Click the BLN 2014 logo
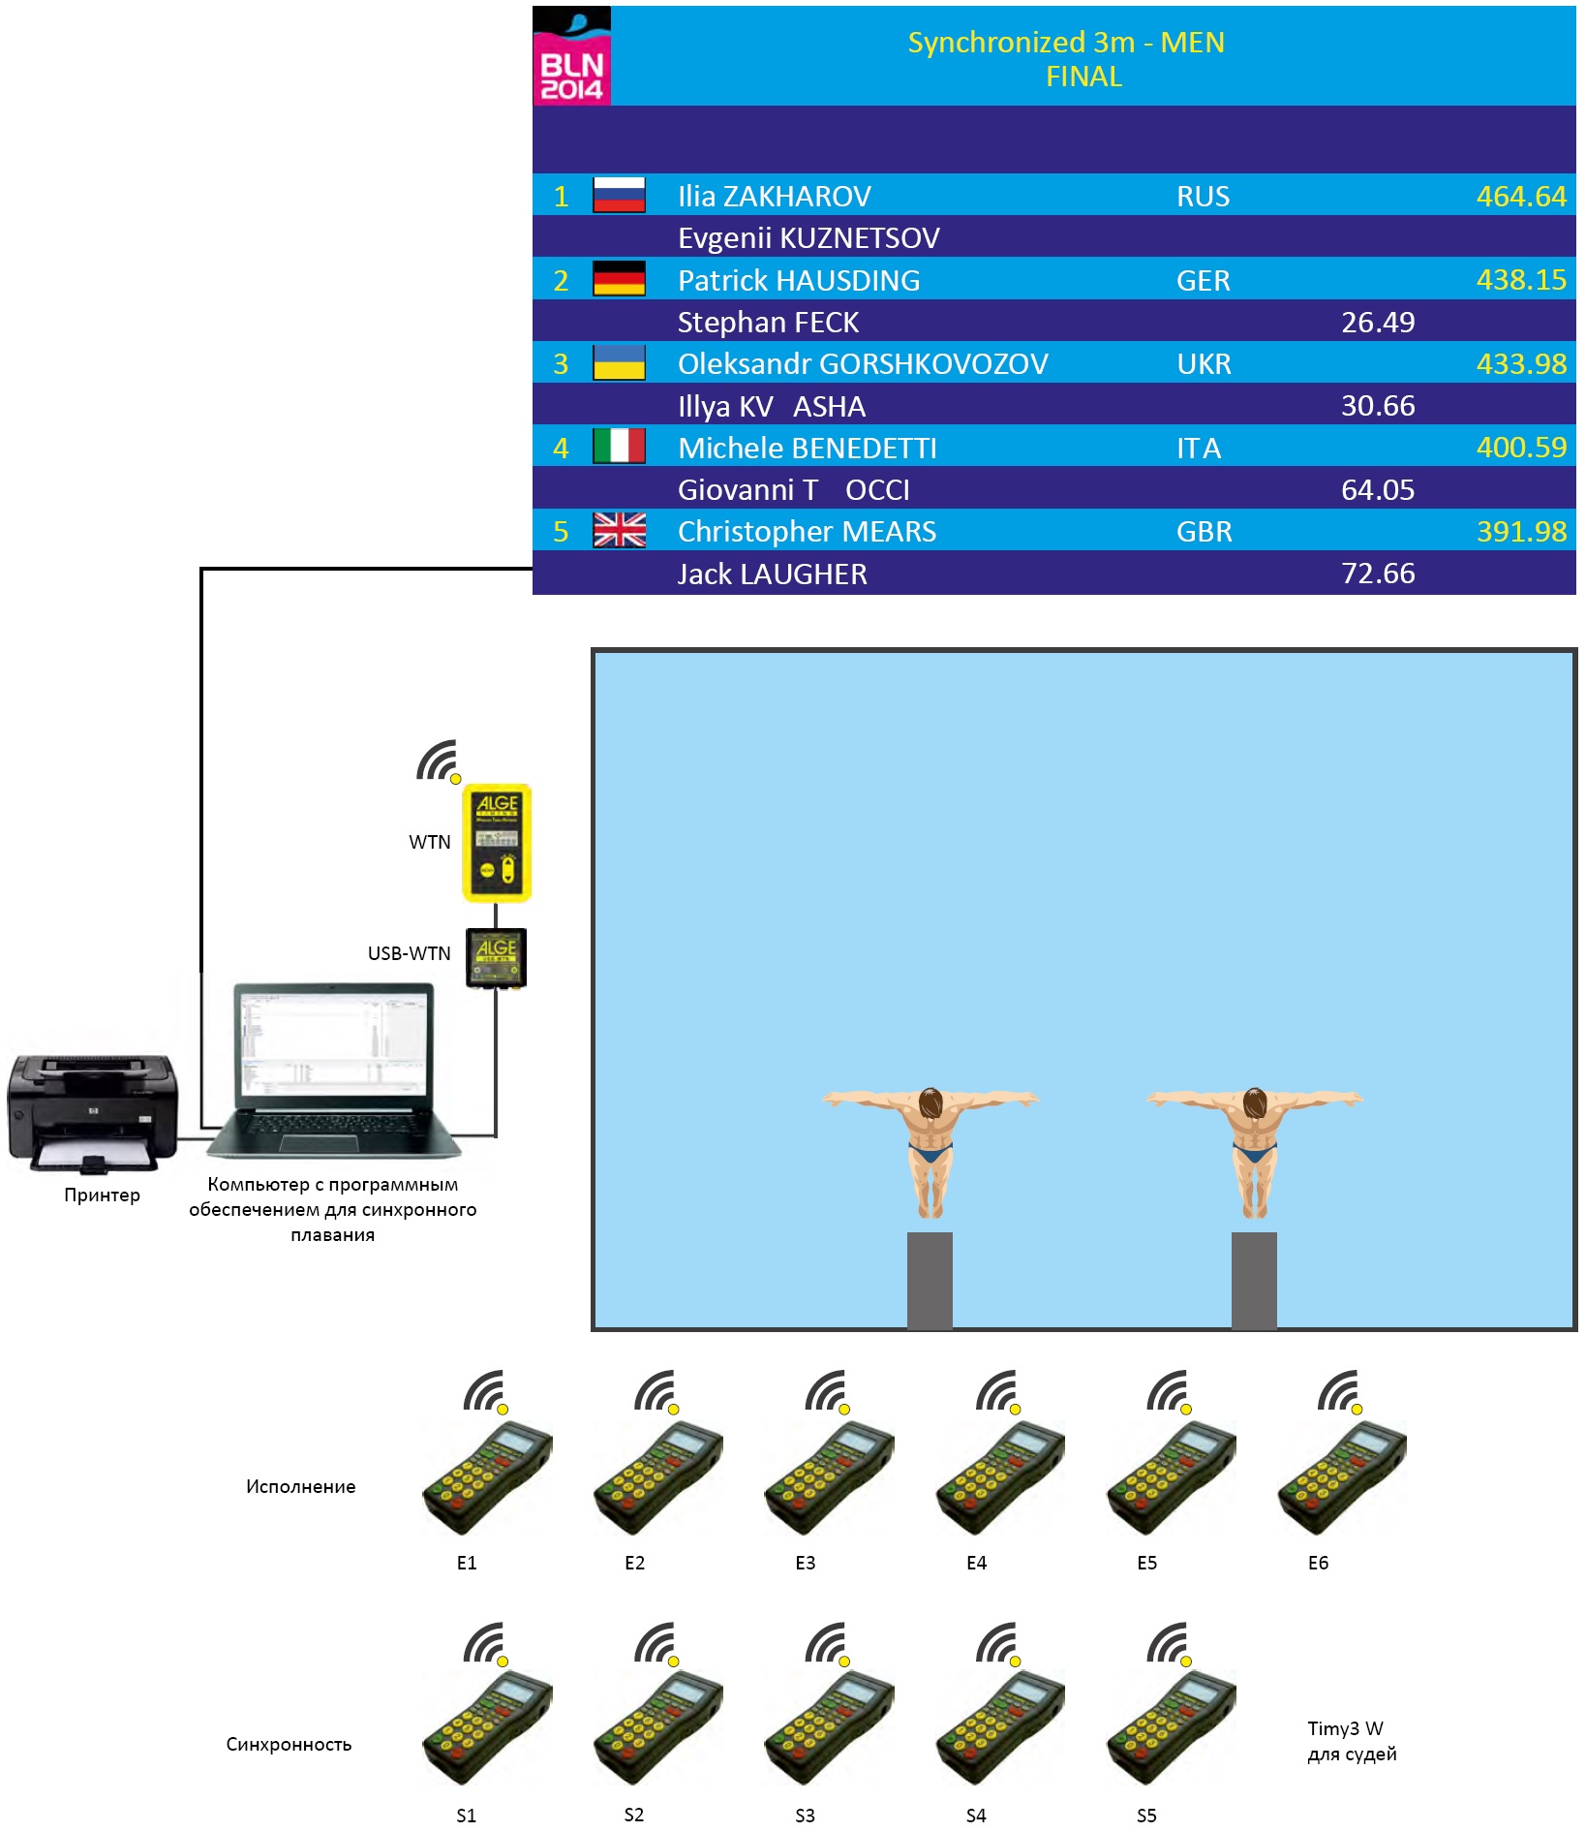click(x=571, y=56)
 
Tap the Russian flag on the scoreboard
click(x=619, y=196)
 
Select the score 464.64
click(x=1520, y=197)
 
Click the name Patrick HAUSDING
click(x=799, y=281)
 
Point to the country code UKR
click(x=1204, y=364)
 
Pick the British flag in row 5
click(x=619, y=531)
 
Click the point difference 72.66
click(x=1377, y=574)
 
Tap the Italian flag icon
click(x=619, y=447)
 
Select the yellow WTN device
click(x=497, y=843)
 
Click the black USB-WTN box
click(x=497, y=957)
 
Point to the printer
click(x=93, y=1112)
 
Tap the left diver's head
click(x=930, y=1102)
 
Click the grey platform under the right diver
click(x=1254, y=1279)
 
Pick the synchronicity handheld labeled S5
click(x=1171, y=1728)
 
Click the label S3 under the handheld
click(x=805, y=1816)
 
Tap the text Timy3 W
click(x=1345, y=1728)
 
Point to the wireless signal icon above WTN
click(x=438, y=761)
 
